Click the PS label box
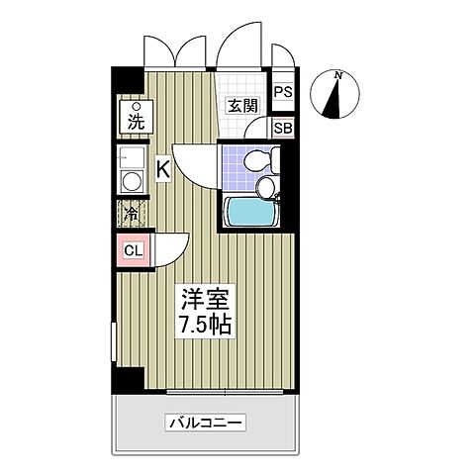tap(283, 93)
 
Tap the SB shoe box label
tap(283, 128)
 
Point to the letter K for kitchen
tap(163, 170)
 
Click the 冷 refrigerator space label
tap(132, 213)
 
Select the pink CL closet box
tap(134, 250)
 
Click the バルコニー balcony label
tap(205, 424)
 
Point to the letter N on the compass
tap(338, 75)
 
